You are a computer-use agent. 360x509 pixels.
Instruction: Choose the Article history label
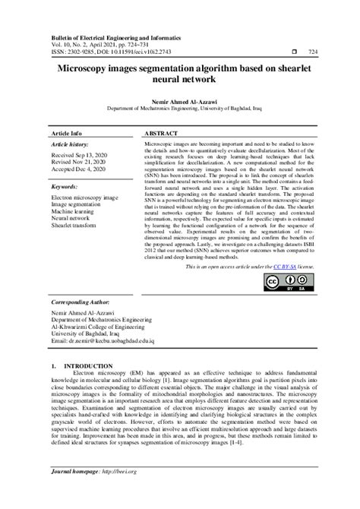[70, 143]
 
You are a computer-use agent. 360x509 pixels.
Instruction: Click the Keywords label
[65, 186]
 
